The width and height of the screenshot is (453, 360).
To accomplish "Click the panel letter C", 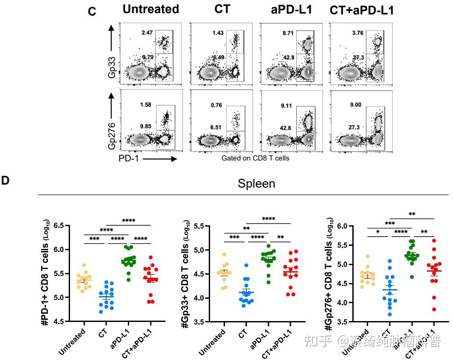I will pos(92,11).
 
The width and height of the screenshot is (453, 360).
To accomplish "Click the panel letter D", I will pos(5,180).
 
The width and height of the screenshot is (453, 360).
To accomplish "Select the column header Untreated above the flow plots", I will pos(151,9).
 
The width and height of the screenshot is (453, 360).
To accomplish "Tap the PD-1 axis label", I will pos(129,158).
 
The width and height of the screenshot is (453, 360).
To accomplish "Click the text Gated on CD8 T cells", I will pos(255,158).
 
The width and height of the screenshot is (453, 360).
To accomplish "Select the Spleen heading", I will pos(256,184).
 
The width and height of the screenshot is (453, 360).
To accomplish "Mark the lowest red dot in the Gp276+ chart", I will pos(421,309).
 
